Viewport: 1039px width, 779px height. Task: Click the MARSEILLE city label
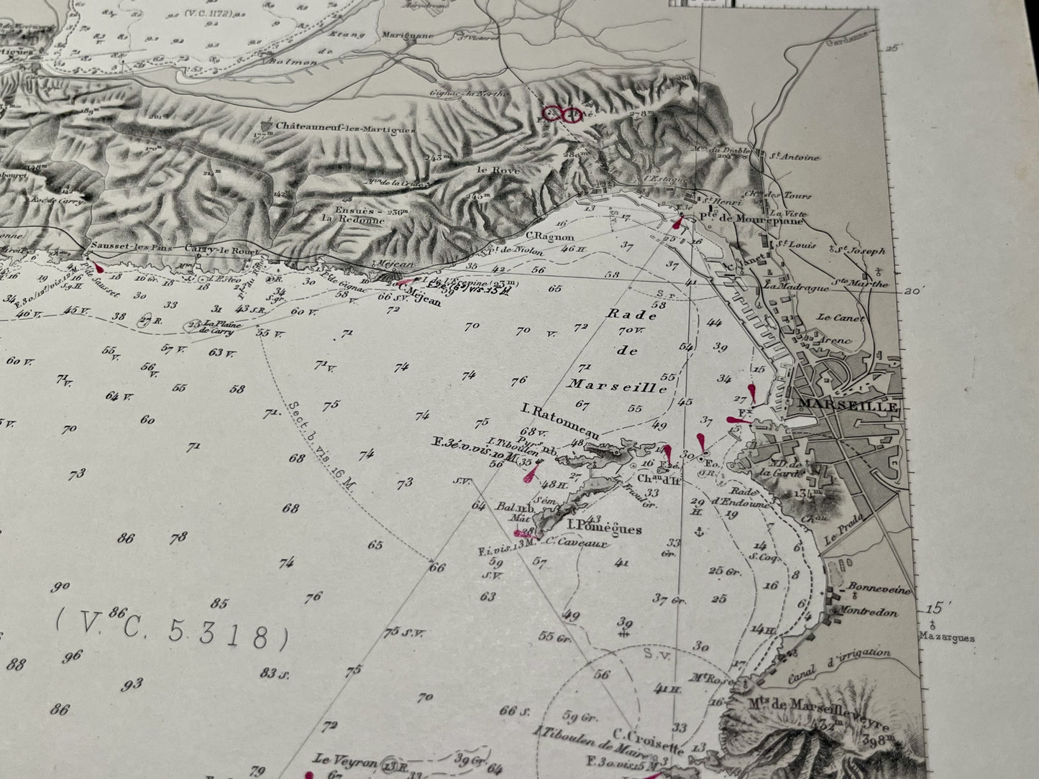(x=844, y=407)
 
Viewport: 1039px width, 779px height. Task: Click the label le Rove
(x=488, y=170)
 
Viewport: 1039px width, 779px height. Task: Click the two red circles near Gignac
(x=560, y=114)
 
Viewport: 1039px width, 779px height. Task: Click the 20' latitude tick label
(x=913, y=291)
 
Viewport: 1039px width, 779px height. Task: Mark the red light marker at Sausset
(x=99, y=267)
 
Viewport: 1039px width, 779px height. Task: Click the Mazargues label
(x=946, y=637)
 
